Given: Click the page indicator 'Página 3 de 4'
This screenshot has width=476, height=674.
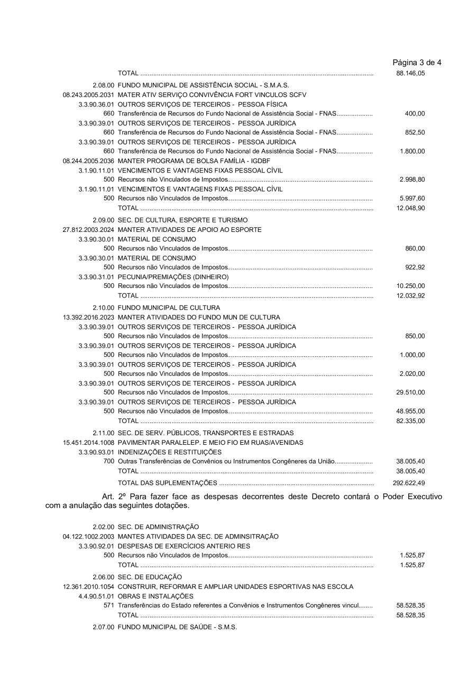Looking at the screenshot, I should pyautogui.click(x=417, y=63).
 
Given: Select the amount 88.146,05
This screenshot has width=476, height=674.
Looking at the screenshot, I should pyautogui.click(x=410, y=73).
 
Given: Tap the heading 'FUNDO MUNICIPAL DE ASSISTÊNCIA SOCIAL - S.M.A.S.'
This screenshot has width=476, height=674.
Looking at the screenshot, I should pyautogui.click(x=203, y=85).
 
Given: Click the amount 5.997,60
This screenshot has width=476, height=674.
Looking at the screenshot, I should pyautogui.click(x=412, y=199).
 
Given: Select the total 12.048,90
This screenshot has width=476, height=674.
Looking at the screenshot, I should pyautogui.click(x=410, y=208).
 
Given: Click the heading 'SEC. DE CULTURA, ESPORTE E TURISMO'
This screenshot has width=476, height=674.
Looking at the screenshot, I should pyautogui.click(x=182, y=220).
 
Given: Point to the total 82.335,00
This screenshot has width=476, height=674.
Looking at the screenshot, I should pyautogui.click(x=410, y=421).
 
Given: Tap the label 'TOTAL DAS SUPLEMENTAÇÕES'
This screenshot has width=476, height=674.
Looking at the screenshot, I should pyautogui.click(x=167, y=483).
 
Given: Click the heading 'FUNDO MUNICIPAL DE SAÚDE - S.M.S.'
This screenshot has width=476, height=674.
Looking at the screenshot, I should pyautogui.click(x=177, y=627).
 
